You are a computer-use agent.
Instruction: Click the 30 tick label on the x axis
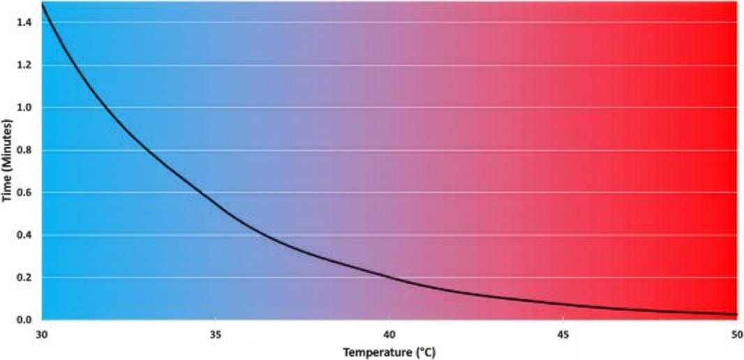pyautogui.click(x=43, y=333)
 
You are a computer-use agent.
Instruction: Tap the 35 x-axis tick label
pyautogui.click(x=215, y=333)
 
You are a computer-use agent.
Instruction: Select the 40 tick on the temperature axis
pyautogui.click(x=389, y=333)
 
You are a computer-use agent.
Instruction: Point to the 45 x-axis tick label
pyautogui.click(x=563, y=333)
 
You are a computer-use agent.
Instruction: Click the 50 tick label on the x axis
pyautogui.click(x=736, y=333)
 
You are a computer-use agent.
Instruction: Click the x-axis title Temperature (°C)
pyautogui.click(x=389, y=352)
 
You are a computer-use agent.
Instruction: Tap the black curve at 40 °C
pyautogui.click(x=389, y=277)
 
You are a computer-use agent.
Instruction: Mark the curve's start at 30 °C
pyautogui.click(x=43, y=4)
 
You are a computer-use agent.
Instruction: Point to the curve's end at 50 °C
pyautogui.click(x=736, y=315)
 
